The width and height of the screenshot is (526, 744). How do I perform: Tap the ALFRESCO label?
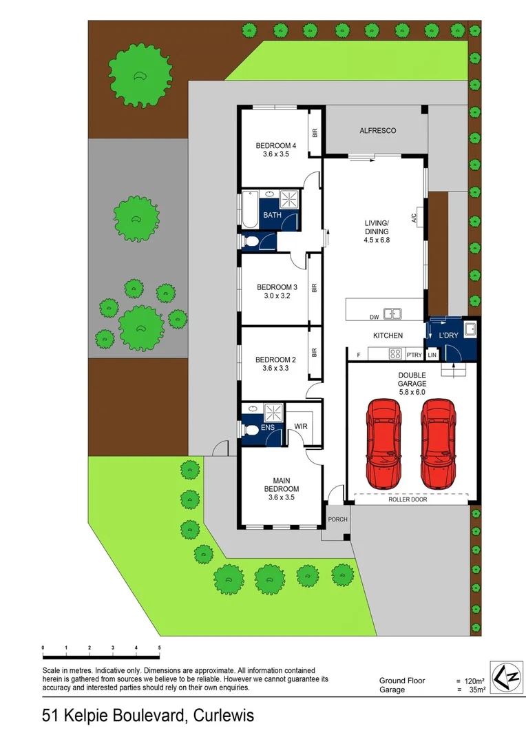[x=378, y=130]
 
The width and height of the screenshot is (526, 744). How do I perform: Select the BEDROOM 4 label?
[x=275, y=145]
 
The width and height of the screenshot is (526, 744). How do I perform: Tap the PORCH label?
[x=337, y=519]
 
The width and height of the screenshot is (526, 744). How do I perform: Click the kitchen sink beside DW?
[x=393, y=314]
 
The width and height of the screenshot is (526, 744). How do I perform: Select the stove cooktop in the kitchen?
[x=396, y=355]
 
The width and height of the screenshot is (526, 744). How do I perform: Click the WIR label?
[x=301, y=426]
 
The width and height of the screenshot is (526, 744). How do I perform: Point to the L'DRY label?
[x=448, y=335]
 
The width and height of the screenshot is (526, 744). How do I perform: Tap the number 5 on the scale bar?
[x=159, y=648]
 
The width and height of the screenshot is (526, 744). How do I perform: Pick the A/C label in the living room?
[x=414, y=219]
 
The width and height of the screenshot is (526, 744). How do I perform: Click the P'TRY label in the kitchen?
[x=414, y=355]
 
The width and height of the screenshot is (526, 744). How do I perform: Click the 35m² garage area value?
[x=476, y=689]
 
